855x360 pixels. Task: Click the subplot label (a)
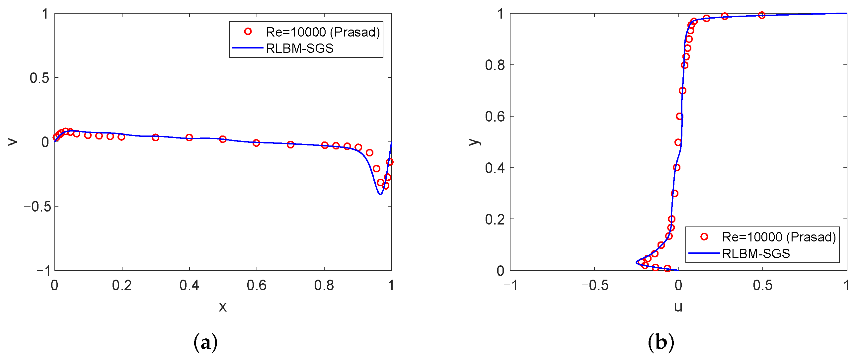(205, 342)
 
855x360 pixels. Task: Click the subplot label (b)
(661, 342)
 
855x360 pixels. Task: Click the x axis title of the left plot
(223, 307)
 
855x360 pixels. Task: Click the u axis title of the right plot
(678, 307)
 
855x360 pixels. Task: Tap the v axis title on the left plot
(13, 142)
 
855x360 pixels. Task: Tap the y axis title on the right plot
(475, 142)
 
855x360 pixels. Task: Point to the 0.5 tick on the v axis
(39, 78)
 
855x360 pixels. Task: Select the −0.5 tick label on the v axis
(37, 207)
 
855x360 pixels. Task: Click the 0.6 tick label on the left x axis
(256, 286)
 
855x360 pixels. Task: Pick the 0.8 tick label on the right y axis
(495, 65)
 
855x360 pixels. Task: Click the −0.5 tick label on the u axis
(594, 286)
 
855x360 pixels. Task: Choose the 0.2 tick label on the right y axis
(495, 219)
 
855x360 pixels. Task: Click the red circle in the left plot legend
(248, 32)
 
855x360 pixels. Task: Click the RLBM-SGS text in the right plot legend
(756, 254)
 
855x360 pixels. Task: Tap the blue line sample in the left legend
(248, 48)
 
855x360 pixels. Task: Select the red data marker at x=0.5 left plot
(223, 139)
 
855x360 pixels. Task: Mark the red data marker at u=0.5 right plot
(762, 15)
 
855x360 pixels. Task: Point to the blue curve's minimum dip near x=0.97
(380, 194)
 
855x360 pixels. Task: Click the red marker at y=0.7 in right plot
(682, 91)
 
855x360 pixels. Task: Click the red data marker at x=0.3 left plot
(155, 137)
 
